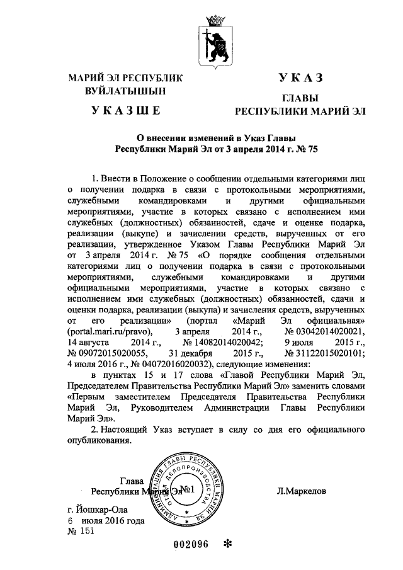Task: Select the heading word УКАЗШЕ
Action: (125, 112)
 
